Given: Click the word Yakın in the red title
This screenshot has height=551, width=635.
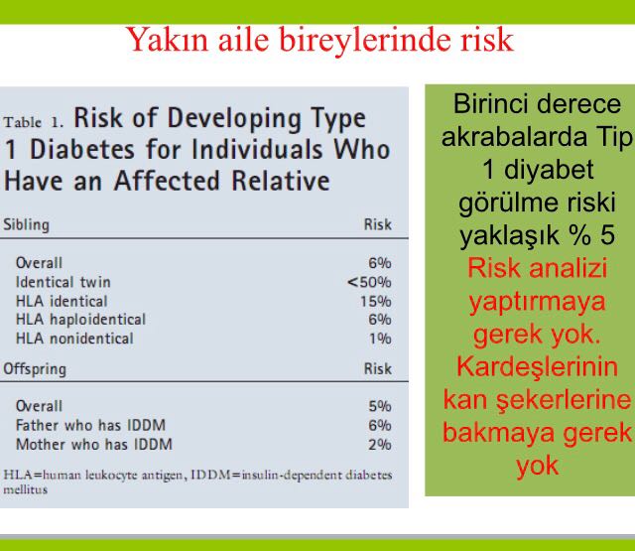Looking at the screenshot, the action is click(168, 40).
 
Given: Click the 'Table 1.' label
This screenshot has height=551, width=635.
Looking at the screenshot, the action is click(34, 122).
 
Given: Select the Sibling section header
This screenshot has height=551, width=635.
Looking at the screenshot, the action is click(27, 224).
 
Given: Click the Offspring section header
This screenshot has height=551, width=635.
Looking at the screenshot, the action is click(35, 369).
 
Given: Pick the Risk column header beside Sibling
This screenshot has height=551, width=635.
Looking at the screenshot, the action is click(377, 224).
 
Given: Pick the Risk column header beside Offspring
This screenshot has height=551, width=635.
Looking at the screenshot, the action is click(377, 368).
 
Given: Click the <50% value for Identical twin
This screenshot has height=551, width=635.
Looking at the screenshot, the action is click(369, 282).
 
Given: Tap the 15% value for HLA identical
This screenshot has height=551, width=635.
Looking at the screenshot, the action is click(376, 301).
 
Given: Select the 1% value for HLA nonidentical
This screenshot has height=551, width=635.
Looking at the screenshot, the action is click(380, 339).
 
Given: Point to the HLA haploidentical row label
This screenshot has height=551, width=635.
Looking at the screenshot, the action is click(80, 320).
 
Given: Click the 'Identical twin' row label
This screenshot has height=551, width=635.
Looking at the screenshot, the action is click(63, 282).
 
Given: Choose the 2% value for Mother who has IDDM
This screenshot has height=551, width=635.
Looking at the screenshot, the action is click(379, 445).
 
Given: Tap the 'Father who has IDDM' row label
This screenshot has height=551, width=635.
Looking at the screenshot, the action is click(90, 425).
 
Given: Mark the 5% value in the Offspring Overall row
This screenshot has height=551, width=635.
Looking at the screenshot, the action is click(379, 406).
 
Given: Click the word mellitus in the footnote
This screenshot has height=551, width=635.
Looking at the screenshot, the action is click(25, 489).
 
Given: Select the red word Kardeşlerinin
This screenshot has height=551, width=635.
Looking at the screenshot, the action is click(537, 367).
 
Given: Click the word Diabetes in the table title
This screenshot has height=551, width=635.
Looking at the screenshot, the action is click(82, 149).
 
